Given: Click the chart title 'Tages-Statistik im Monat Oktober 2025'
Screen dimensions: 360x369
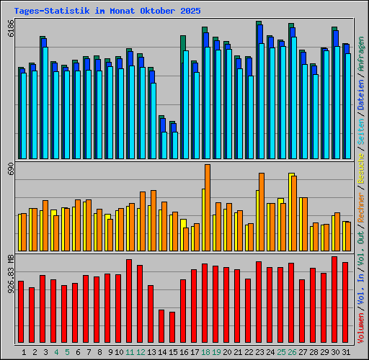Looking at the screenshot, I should click(107, 12).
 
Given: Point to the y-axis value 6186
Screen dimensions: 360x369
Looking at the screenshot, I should click(10, 30).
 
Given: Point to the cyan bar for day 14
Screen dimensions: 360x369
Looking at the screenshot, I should click(164, 145).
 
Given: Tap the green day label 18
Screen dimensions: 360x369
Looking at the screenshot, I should click(205, 352).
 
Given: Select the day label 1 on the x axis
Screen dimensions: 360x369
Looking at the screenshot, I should click(24, 352).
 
